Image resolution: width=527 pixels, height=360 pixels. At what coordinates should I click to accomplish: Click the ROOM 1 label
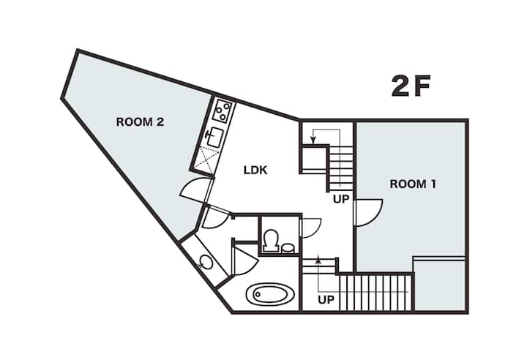tap(413, 184)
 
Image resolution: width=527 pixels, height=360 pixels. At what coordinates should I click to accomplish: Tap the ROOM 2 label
tap(140, 121)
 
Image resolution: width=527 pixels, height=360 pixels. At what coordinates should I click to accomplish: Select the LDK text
tap(255, 170)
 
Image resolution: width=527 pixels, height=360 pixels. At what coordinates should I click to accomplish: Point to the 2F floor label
tap(411, 86)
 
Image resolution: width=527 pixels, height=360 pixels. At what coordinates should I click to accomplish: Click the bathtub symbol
tap(270, 295)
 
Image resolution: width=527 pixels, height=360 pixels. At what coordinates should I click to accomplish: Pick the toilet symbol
tap(271, 240)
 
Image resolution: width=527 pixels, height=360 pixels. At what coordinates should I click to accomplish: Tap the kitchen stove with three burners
tap(223, 110)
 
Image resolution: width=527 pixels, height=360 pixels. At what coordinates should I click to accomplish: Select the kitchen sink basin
tap(214, 137)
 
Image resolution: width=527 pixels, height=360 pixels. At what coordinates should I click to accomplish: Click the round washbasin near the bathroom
tap(206, 262)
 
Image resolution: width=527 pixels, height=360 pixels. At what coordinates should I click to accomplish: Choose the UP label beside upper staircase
tap(341, 199)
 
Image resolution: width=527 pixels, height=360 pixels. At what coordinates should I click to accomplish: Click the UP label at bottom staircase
tap(326, 299)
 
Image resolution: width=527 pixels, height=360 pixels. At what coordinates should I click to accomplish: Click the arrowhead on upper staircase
tap(313, 139)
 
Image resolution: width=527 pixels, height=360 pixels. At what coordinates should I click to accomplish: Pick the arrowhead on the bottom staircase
tap(318, 259)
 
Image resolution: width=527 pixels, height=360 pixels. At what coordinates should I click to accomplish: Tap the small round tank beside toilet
tap(288, 248)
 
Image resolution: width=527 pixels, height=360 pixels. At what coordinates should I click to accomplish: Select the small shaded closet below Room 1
tap(440, 285)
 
